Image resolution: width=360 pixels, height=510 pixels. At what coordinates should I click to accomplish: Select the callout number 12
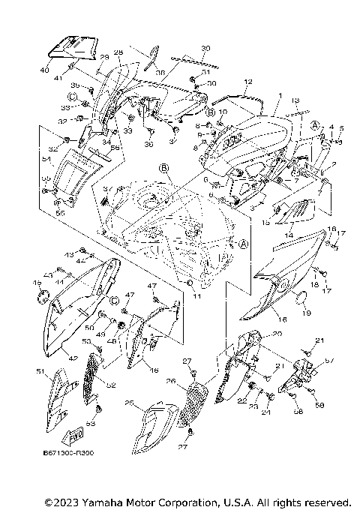[x=247, y=81]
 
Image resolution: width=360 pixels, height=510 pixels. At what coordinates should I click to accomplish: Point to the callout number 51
[x=40, y=371]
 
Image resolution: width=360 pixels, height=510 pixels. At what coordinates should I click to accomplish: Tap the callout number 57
[x=327, y=361]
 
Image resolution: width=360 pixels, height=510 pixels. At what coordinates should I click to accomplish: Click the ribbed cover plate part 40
[x=73, y=47]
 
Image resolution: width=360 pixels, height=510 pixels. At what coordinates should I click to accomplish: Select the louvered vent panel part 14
[x=294, y=210]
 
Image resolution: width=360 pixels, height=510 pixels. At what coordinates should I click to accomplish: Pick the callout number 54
[x=46, y=159]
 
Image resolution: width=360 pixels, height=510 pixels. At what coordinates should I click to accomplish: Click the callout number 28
[x=118, y=53]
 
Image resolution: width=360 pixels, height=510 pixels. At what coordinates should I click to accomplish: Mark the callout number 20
[x=255, y=334]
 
